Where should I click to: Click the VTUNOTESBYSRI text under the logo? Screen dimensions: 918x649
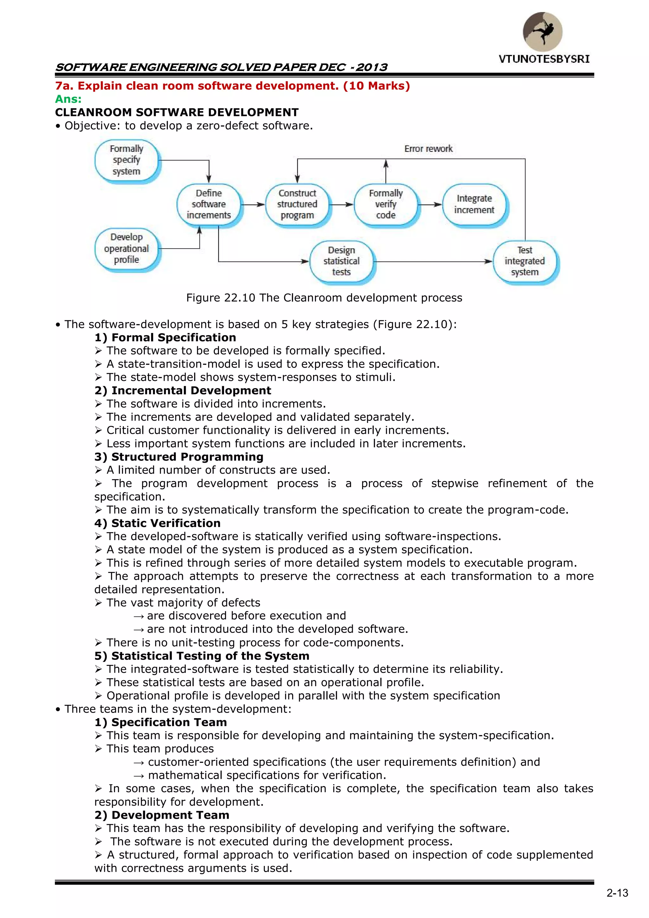pos(544,59)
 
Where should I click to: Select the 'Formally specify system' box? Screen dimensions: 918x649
pos(127,160)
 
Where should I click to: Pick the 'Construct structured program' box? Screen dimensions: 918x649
pos(297,204)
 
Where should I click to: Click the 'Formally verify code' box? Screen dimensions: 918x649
pos(386,204)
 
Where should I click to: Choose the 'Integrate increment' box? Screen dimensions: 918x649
pos(474,204)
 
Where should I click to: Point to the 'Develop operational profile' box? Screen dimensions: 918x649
pos(127,249)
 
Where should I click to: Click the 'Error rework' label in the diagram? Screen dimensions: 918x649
pos(428,149)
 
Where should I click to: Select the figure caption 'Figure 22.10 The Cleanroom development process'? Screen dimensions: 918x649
pos(324,298)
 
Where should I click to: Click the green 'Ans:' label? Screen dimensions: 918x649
pos(68,99)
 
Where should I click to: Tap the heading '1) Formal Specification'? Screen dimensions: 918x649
pos(165,337)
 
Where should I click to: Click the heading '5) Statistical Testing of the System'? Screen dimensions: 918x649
pos(202,656)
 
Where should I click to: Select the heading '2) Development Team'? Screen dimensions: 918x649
pos(162,815)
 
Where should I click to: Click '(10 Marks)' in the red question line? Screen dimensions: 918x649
pos(376,86)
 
